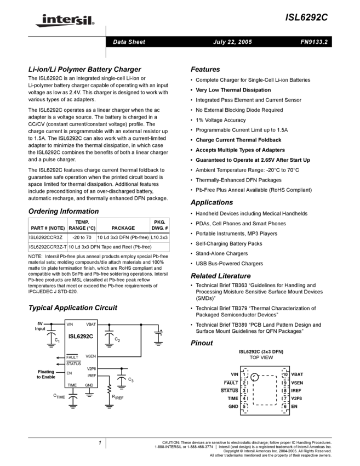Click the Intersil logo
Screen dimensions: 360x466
(63, 21)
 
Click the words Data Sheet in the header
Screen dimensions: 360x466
(129, 42)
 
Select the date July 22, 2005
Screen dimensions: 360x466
(232, 42)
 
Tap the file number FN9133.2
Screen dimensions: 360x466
(314, 42)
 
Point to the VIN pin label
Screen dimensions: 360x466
(70, 325)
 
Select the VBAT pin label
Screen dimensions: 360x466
(90, 325)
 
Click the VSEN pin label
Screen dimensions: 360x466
(90, 356)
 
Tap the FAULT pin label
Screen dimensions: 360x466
(72, 357)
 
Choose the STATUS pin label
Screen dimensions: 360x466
(73, 364)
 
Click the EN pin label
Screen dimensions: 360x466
(69, 373)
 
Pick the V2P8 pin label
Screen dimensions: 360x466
(91, 369)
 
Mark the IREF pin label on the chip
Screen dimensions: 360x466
(92, 376)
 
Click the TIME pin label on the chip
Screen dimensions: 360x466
(72, 385)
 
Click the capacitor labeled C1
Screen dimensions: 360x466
(52, 334)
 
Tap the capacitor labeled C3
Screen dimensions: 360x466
(122, 378)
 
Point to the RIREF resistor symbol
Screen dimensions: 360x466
(109, 389)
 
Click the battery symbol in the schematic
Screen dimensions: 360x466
(158, 335)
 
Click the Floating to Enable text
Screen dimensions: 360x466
(46, 374)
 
